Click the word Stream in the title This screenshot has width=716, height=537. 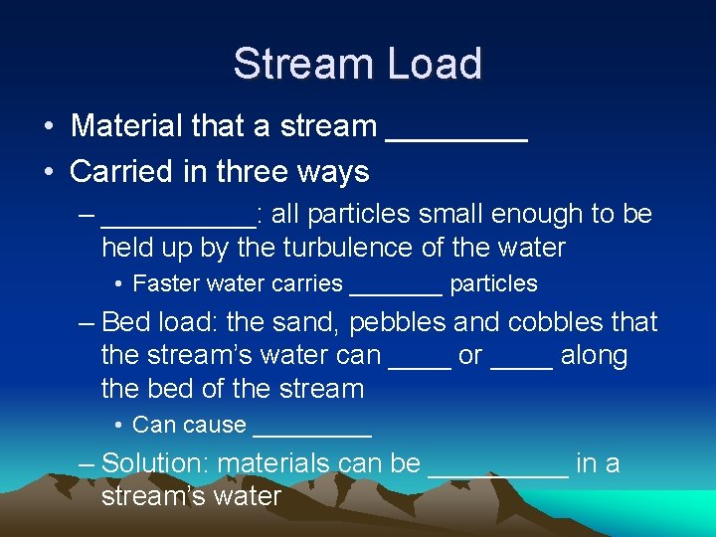[x=299, y=64]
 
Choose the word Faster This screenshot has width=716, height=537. [x=166, y=283]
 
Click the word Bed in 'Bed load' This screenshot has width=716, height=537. [x=123, y=322]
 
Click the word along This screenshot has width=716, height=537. [x=594, y=356]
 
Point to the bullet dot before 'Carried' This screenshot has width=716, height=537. [x=49, y=172]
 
